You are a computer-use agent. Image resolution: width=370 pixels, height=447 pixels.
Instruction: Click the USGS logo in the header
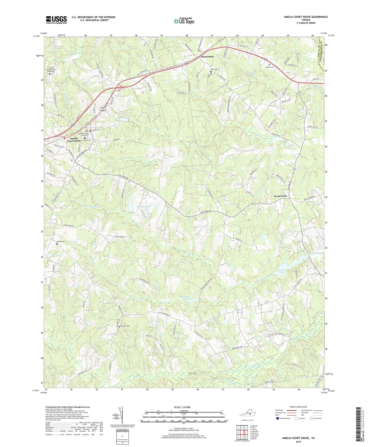(x=56, y=20)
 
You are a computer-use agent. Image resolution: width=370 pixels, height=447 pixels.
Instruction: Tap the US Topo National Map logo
(x=184, y=21)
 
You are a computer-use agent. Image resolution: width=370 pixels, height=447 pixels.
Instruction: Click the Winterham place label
(x=207, y=57)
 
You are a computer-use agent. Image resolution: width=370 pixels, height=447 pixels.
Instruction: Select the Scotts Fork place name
(x=281, y=196)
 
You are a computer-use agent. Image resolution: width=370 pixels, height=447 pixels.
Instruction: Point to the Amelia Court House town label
(x=74, y=140)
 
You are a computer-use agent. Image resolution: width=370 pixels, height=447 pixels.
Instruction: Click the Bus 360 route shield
(x=103, y=109)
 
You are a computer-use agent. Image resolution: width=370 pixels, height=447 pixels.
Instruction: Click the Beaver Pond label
(x=281, y=271)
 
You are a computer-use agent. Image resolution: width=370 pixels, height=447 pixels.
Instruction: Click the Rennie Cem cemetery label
(x=61, y=241)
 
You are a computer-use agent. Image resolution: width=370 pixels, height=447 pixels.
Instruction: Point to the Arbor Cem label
(x=214, y=69)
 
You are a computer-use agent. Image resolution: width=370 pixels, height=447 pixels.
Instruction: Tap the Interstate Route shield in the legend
(x=278, y=418)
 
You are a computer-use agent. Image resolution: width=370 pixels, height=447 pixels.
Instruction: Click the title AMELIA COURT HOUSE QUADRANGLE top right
(x=306, y=17)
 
